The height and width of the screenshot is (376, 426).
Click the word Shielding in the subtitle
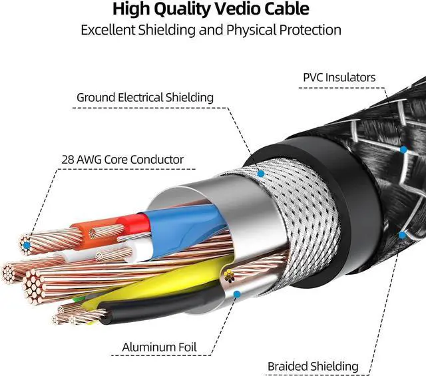coord(167,30)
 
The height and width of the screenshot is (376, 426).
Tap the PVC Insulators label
coord(339,77)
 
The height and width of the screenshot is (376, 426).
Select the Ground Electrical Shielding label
coord(145,98)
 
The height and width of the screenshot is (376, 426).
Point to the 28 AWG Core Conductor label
coord(122,160)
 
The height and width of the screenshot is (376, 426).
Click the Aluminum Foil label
coord(159,347)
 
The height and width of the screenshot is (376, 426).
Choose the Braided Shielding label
coord(313,367)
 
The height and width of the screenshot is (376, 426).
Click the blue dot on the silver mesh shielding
coord(261,174)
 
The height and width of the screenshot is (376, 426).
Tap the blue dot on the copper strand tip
coord(27,246)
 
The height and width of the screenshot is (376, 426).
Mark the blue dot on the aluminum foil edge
coord(237,294)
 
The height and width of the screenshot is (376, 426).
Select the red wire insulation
coord(135,224)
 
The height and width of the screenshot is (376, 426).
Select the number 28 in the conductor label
coord(67,160)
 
